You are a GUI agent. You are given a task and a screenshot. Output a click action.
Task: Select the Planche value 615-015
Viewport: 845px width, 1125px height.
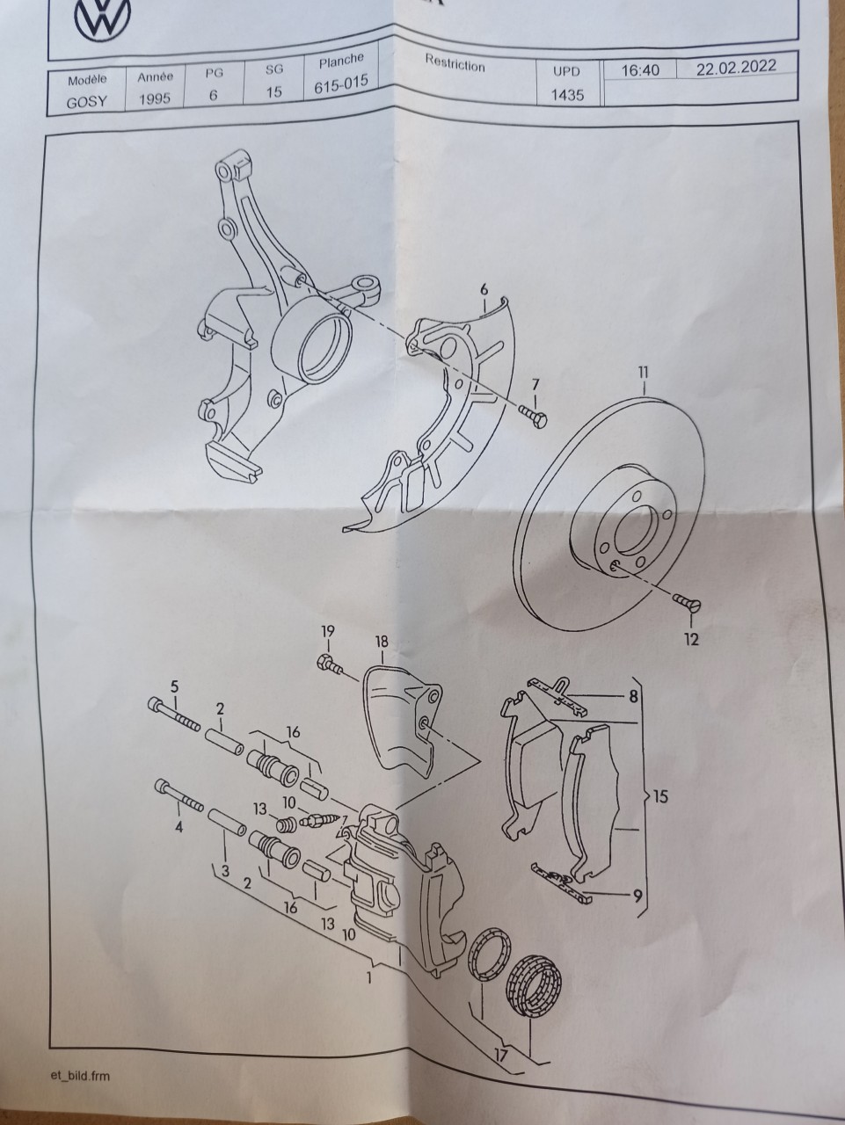coord(341,85)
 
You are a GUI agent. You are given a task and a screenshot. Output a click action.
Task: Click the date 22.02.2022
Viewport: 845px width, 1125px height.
coord(736,67)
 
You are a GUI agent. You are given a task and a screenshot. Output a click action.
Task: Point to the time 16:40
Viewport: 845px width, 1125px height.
coord(640,70)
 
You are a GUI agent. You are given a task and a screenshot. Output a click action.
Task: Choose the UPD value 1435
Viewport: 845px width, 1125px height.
coord(568,95)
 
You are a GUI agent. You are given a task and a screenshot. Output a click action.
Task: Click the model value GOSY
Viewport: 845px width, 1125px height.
coord(87,101)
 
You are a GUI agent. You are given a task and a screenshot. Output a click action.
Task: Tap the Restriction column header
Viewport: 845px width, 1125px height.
coord(455,63)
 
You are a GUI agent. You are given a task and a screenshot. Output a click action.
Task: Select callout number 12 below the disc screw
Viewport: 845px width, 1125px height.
coord(691,639)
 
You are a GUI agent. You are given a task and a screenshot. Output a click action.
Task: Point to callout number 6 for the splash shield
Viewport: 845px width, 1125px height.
coord(484,289)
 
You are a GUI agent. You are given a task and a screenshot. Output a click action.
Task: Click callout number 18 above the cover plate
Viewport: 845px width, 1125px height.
coord(382,642)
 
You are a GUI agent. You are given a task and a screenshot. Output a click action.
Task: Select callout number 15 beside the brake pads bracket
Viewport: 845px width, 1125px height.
coord(661,796)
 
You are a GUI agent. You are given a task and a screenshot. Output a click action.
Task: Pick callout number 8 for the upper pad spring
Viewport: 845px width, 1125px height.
coord(634,696)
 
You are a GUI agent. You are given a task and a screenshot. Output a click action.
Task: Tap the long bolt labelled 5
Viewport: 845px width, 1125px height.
coord(174,714)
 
